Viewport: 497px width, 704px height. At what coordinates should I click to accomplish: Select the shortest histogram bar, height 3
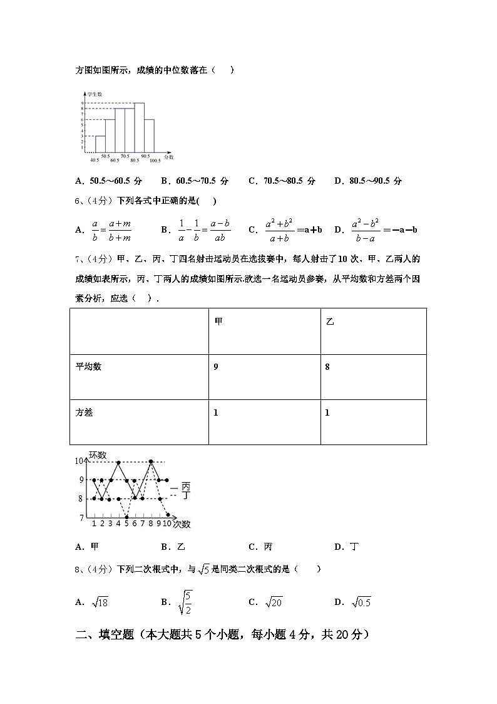tap(100, 144)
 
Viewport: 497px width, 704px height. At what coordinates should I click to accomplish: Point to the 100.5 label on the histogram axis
tap(155, 161)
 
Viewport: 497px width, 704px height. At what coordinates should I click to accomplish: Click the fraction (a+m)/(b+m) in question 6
tap(118, 230)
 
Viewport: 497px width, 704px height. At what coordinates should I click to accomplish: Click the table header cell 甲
tap(218, 321)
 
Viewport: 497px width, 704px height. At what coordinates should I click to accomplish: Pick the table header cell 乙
tap(330, 321)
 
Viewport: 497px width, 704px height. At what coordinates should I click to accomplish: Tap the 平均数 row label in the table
tap(88, 367)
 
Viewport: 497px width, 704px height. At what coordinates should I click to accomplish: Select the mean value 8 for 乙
tap(327, 367)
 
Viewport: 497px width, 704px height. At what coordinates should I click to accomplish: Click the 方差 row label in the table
tap(84, 412)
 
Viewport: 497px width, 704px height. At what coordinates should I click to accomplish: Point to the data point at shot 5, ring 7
tap(126, 517)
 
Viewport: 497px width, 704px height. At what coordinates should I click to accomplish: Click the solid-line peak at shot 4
tap(118, 462)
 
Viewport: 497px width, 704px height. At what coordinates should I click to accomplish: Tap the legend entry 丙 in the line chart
tap(185, 486)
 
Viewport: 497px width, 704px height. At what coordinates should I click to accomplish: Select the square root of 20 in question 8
tap(274, 602)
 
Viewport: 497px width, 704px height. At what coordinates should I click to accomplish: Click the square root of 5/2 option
tap(185, 602)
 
